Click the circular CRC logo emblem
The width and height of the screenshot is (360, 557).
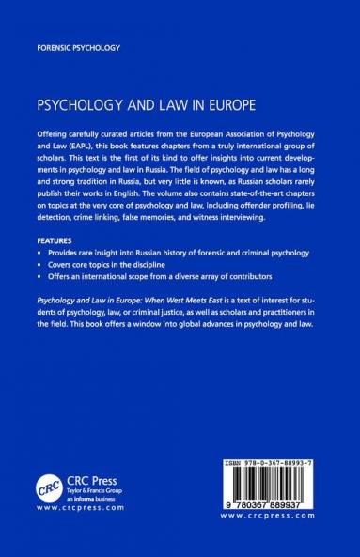(47, 487)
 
